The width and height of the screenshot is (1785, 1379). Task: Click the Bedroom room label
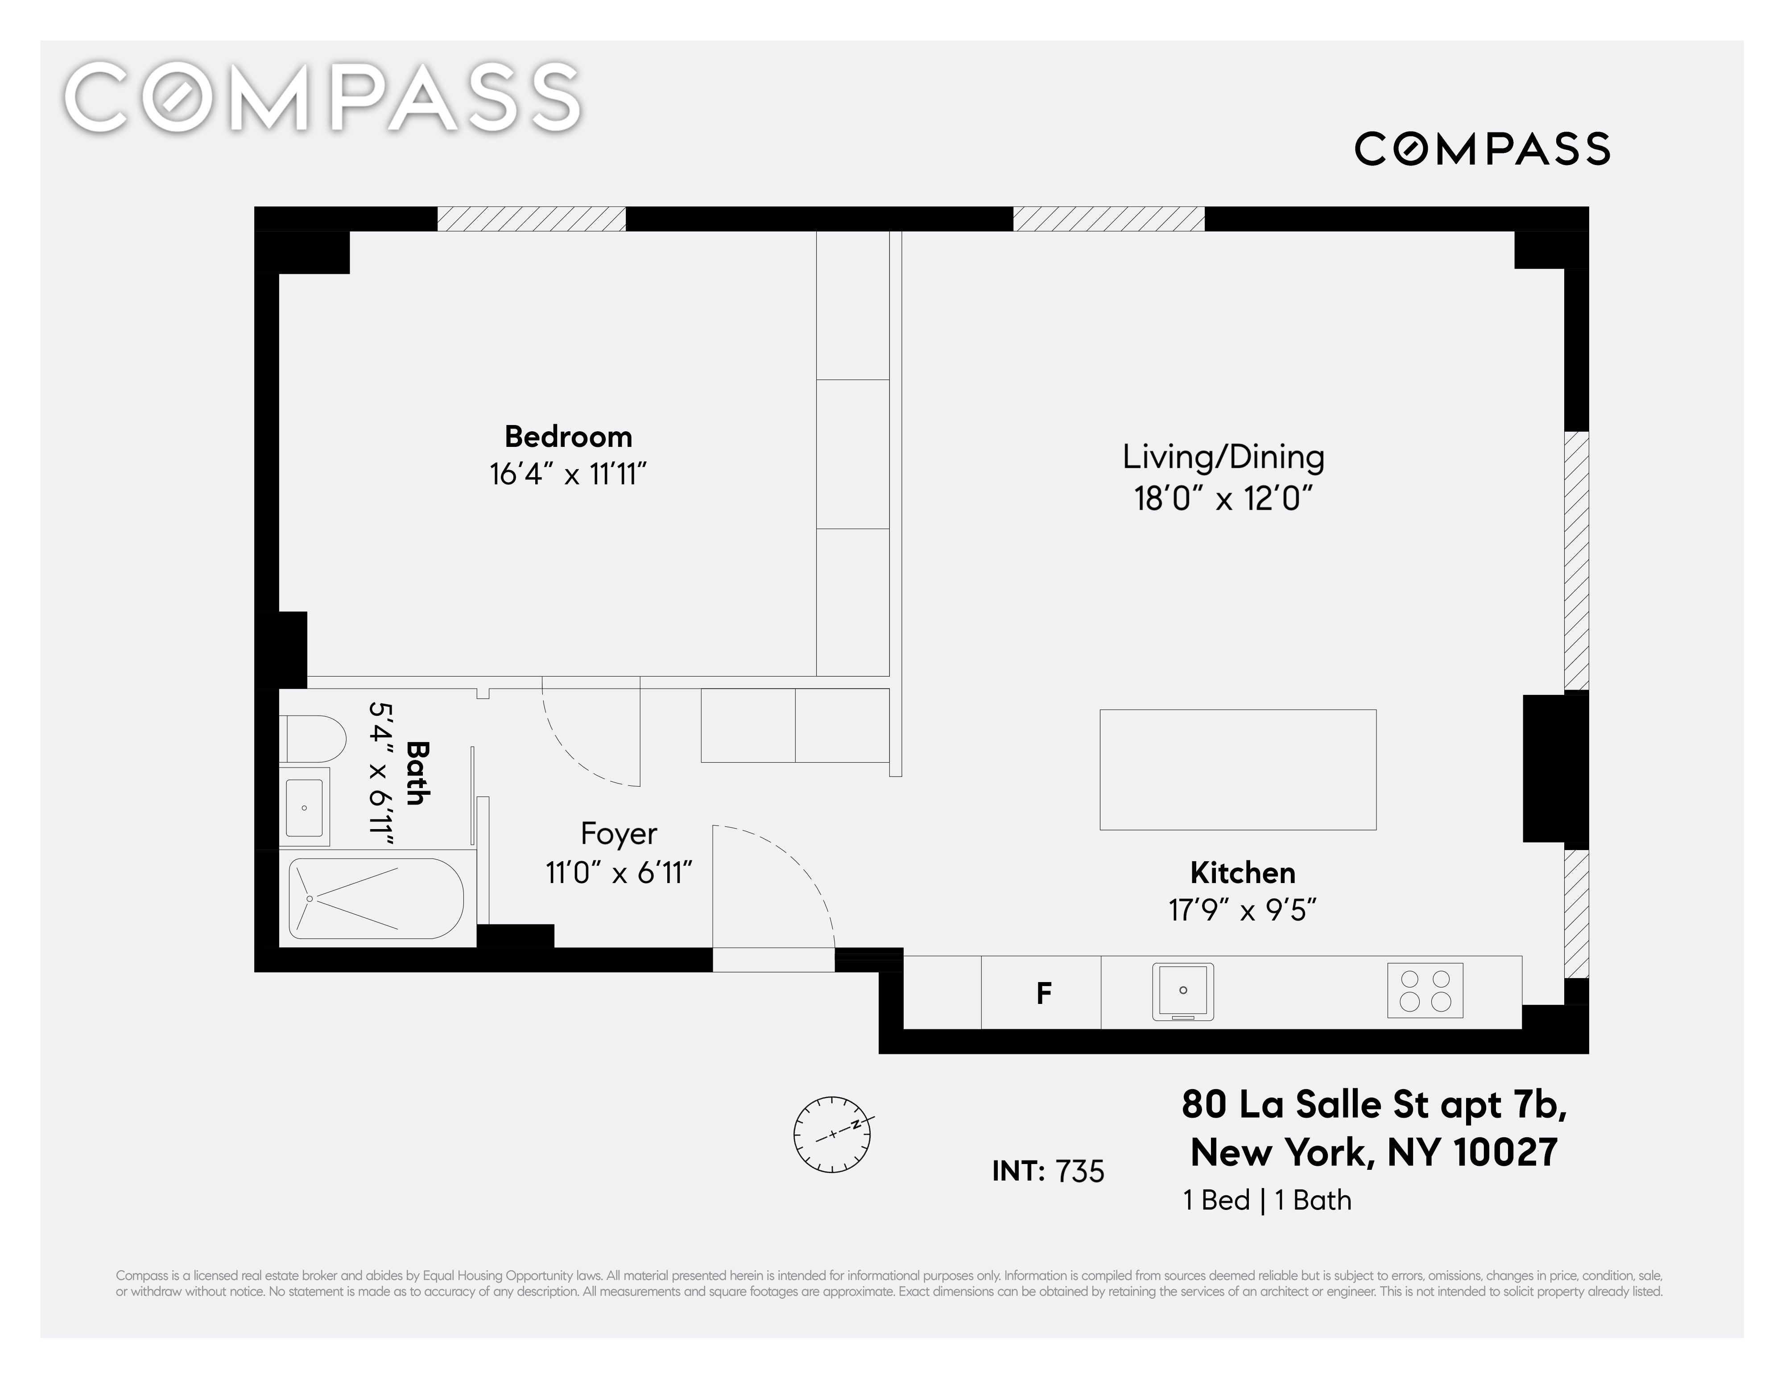568,437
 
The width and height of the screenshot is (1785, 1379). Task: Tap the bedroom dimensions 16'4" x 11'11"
568,474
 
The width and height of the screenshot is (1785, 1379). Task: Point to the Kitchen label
1242,873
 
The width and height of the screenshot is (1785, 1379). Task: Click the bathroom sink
304,807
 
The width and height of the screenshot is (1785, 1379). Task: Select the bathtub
376,898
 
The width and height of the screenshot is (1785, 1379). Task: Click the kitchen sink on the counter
1183,991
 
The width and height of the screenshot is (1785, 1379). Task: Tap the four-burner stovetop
1425,990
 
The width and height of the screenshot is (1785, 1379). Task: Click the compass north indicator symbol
832,1135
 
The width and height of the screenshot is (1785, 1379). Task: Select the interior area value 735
1080,1171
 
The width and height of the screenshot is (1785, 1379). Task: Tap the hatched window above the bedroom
531,219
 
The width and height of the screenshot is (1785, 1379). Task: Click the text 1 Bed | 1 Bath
1267,1200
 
